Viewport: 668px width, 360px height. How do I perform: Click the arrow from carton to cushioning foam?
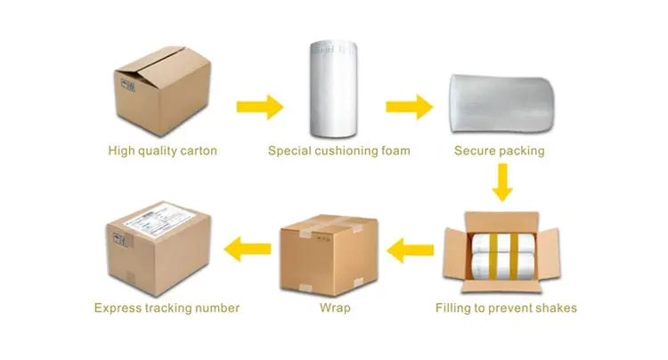[259, 108]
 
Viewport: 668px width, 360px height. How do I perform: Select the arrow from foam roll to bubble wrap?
[410, 108]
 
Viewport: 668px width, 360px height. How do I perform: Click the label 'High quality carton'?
[162, 151]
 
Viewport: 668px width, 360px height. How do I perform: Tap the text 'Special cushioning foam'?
[339, 151]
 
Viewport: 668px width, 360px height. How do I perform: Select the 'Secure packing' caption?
[500, 151]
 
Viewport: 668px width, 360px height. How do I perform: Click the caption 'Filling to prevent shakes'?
[506, 308]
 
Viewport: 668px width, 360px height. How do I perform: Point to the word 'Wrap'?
[333, 308]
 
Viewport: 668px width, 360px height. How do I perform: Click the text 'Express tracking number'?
[167, 308]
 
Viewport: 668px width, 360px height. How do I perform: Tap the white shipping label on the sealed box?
[154, 220]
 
